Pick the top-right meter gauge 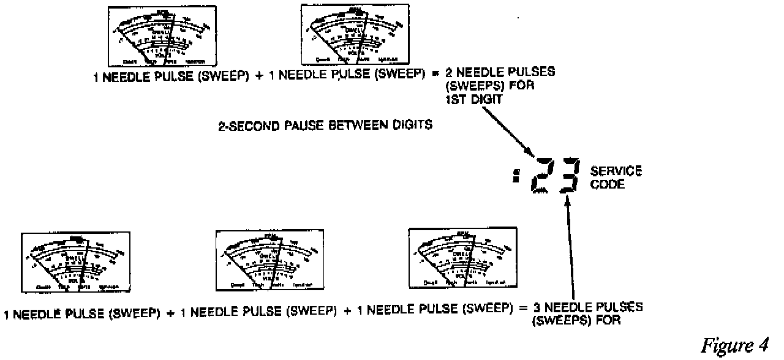(x=352, y=34)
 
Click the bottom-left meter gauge (x=72, y=261)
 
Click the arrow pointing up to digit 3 (x=573, y=245)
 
